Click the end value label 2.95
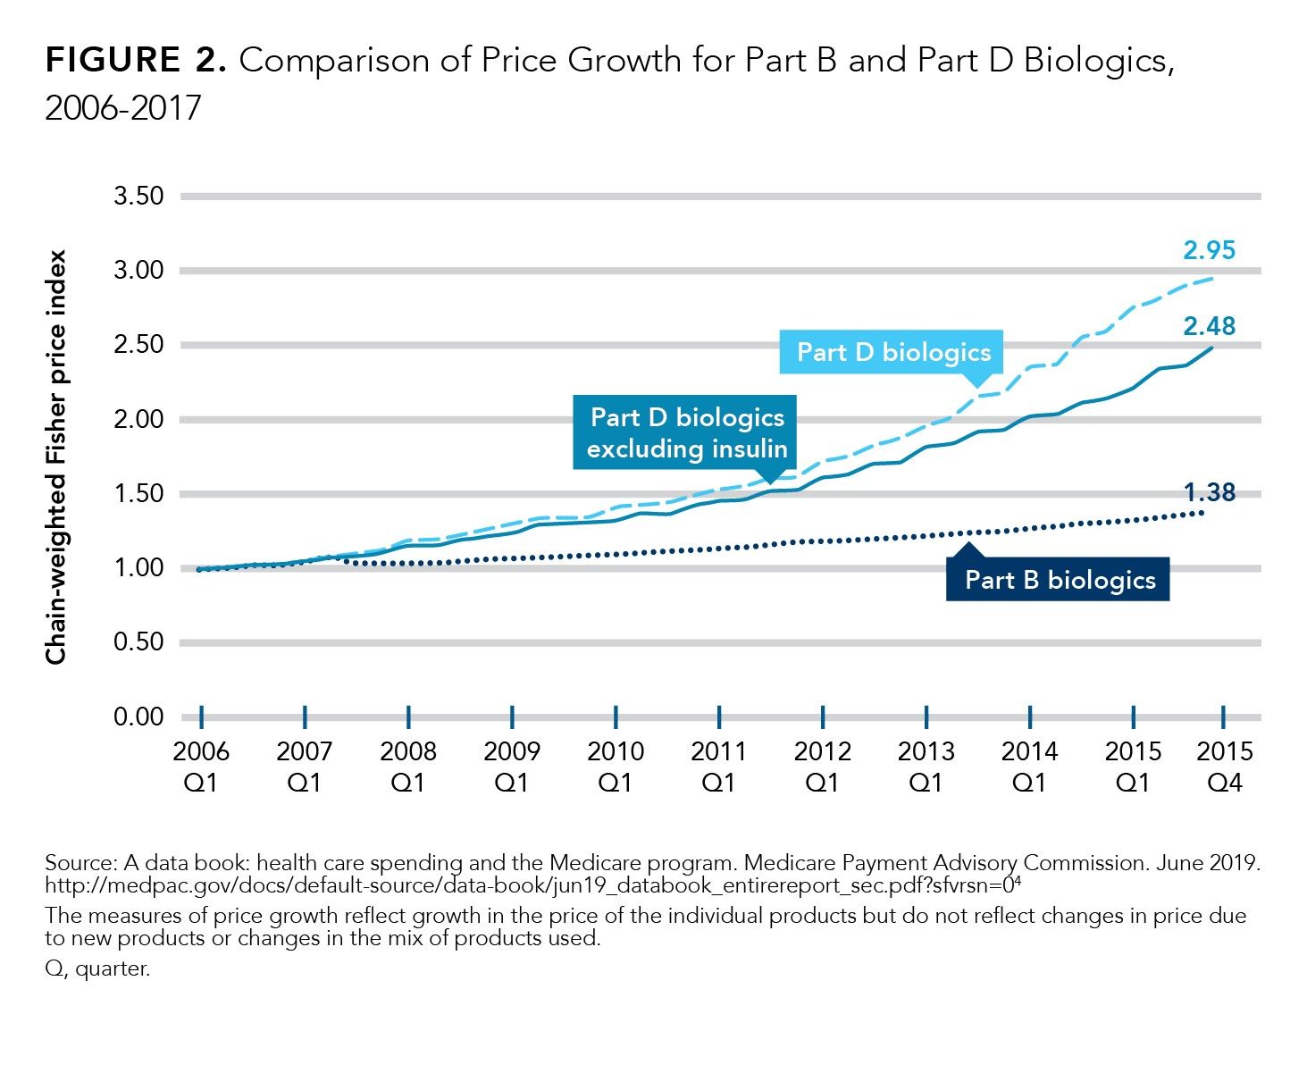click(1209, 250)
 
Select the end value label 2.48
click(1209, 327)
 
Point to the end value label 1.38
click(1209, 492)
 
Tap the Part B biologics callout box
click(1060, 580)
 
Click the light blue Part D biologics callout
click(893, 352)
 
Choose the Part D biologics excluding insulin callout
click(686, 433)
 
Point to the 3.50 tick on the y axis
click(138, 196)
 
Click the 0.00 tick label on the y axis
click(138, 717)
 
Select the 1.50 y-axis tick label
click(138, 494)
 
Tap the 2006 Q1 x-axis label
click(201, 767)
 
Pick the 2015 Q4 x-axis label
click(1225, 767)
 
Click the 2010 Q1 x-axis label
click(616, 767)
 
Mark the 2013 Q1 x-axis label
click(926, 767)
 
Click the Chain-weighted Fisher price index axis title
click(57, 457)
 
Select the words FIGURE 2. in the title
click(136, 62)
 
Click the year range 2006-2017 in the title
click(123, 108)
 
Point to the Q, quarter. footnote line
click(97, 969)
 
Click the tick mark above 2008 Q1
click(408, 717)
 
